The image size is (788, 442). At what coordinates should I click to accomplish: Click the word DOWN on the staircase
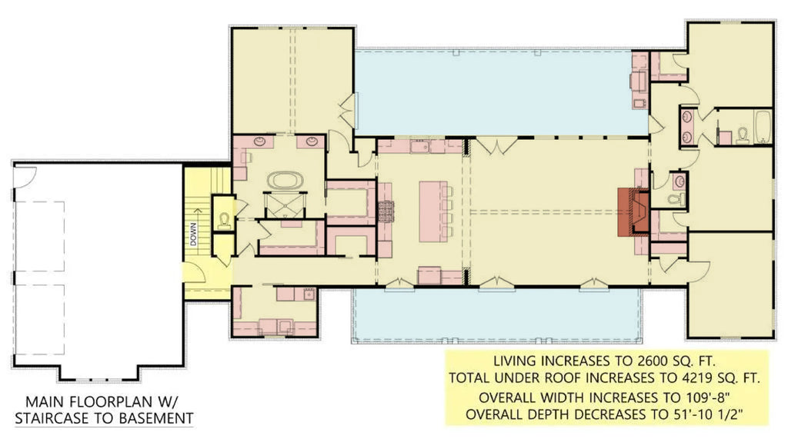coord(194,233)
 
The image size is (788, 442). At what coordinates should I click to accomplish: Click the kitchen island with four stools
coord(432,210)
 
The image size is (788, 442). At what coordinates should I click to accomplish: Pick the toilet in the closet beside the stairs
coord(224,219)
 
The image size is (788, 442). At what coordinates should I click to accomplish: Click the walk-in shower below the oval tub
coord(285,205)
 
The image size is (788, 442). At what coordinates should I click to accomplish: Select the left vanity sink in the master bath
coord(259,141)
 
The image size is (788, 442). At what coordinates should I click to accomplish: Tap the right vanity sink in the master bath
coord(312,141)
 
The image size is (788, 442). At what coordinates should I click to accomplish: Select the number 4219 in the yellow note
coord(674,378)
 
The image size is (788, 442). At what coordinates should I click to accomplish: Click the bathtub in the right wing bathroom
coord(763,128)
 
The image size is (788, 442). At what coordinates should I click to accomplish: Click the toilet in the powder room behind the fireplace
coord(674,200)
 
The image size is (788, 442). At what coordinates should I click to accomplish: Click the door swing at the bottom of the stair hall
coord(194,271)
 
